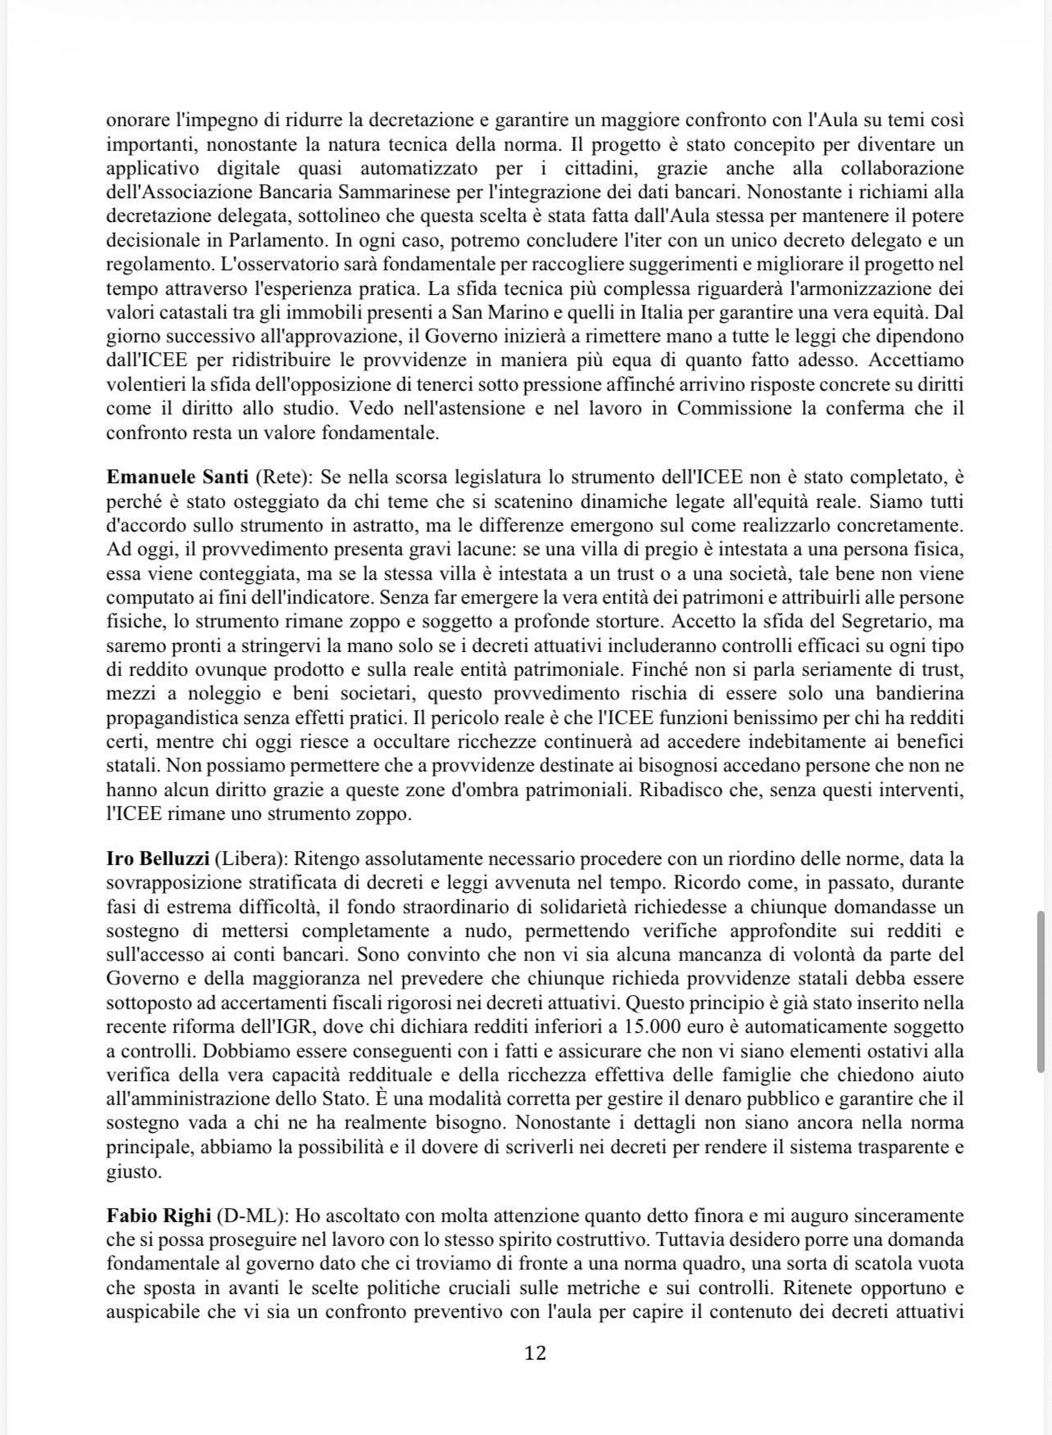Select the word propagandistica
point(176,717)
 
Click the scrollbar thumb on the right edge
point(1041,990)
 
